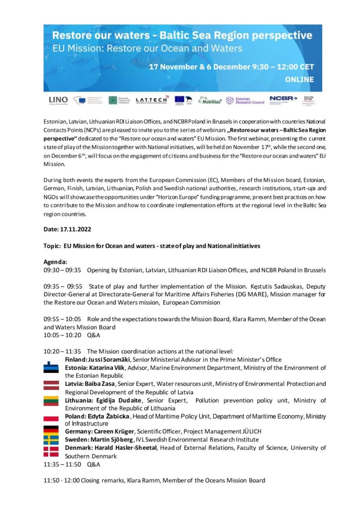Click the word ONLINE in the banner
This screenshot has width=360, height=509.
point(299,80)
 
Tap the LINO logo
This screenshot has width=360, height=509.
point(58,100)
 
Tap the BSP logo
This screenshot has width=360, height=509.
point(309,100)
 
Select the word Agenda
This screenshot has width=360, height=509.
point(55,262)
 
